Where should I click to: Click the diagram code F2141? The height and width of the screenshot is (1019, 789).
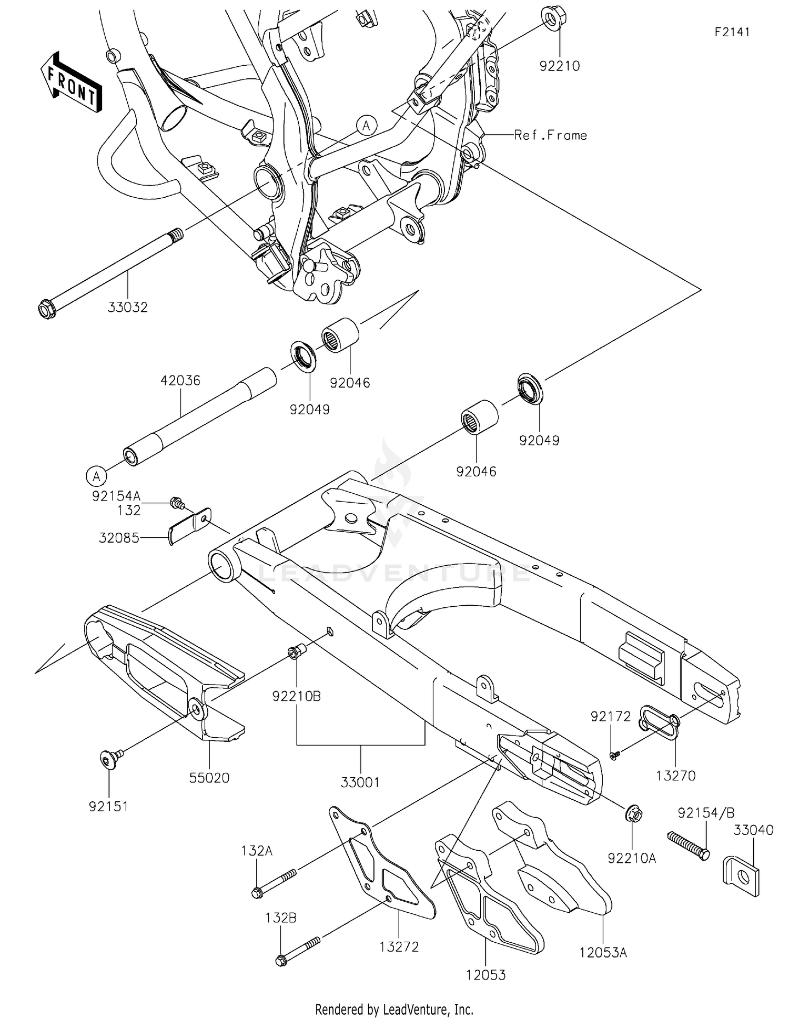pos(732,32)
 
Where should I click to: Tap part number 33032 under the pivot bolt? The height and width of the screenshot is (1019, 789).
pos(128,308)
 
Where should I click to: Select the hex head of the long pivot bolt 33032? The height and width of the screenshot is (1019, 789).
pos(47,309)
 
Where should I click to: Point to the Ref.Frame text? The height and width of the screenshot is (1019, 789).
pos(550,135)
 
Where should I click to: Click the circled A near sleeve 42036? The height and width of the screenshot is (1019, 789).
pos(96,476)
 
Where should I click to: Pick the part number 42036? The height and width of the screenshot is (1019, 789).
pos(180,380)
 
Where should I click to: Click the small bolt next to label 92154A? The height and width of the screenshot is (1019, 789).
pos(177,504)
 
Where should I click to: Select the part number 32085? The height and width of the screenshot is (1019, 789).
pos(119,537)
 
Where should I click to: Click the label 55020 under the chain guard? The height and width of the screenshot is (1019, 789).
pos(209,778)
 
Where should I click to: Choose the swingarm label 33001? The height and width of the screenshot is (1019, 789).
pos(360,782)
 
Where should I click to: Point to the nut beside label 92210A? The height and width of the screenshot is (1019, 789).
pos(635,815)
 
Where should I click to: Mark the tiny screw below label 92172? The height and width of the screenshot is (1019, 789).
pos(614,755)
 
